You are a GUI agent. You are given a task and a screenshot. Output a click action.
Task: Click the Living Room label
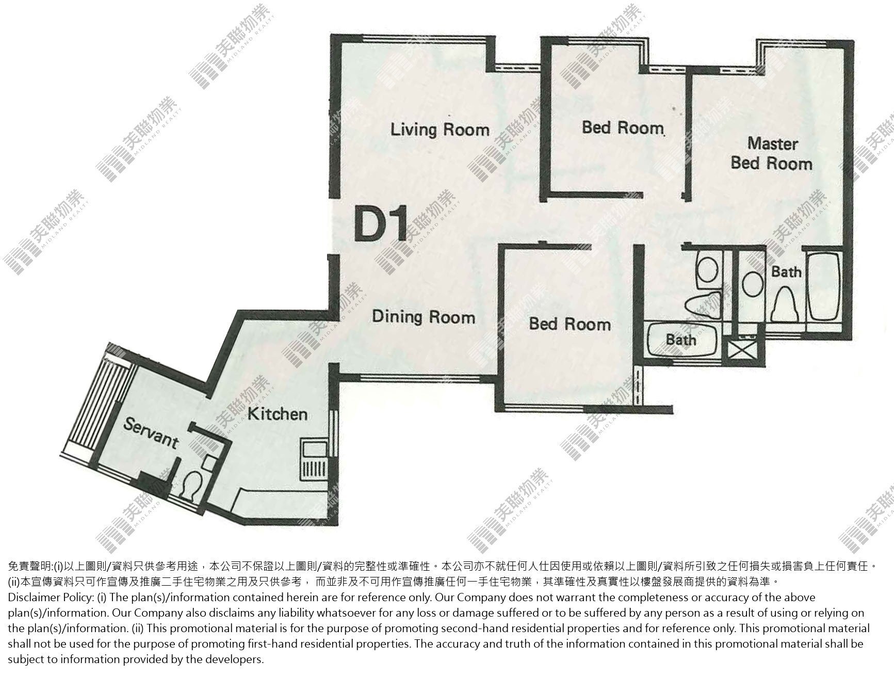pos(440,130)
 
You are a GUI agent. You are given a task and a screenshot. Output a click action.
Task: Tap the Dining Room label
pos(424,316)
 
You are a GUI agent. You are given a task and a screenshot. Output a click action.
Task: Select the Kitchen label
pos(278,414)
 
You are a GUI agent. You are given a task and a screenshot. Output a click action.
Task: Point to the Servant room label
pos(151,433)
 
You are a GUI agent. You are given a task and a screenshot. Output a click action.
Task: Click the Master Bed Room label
pos(772,154)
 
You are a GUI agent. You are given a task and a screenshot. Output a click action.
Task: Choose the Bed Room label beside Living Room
pos(623,127)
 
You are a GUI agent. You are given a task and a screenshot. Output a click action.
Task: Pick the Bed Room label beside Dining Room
pos(570,324)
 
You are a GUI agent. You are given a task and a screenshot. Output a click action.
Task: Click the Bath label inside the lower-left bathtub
pos(681,340)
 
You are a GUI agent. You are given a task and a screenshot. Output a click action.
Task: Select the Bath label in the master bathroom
pos(786,271)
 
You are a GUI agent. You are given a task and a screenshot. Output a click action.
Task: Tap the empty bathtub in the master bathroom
pos(823,286)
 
